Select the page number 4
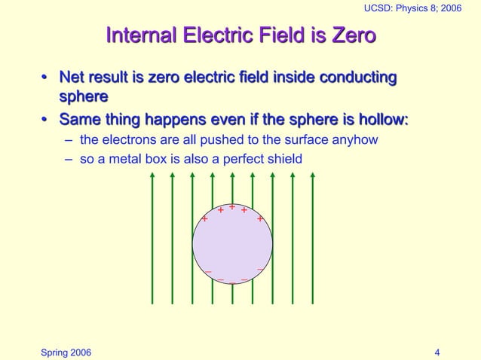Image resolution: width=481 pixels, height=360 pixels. (438, 352)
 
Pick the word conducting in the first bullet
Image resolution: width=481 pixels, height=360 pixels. (359, 78)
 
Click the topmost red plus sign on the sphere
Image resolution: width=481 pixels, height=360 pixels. (232, 206)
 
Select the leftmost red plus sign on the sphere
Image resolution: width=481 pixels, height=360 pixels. (204, 219)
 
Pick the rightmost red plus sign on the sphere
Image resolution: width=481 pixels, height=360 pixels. (260, 219)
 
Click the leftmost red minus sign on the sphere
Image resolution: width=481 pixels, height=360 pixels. (208, 272)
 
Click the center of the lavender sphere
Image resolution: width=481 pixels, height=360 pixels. (232, 244)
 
